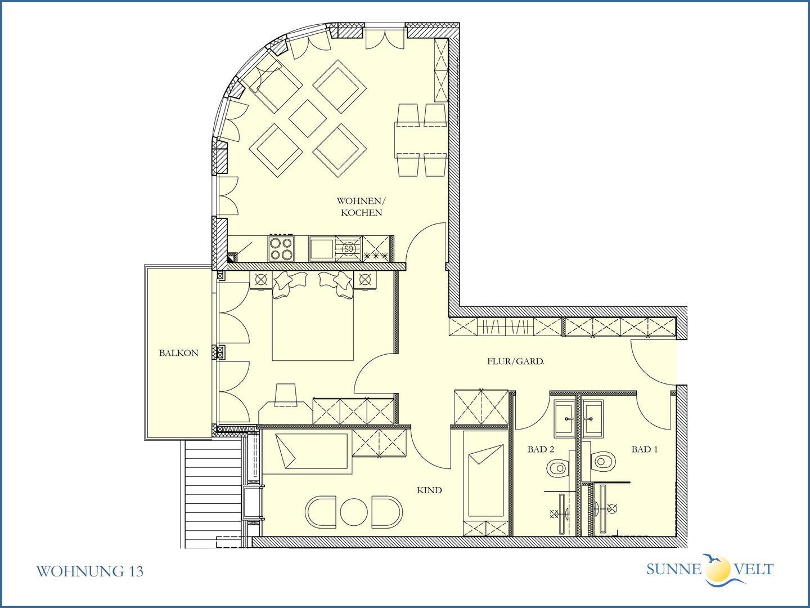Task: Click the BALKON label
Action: point(179,353)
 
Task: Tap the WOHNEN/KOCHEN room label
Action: point(361,207)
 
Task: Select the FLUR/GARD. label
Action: point(515,361)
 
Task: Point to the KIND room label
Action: point(429,490)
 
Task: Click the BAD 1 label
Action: point(644,449)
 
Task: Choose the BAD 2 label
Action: point(541,449)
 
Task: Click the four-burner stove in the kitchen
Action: point(282,248)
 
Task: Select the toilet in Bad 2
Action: point(558,468)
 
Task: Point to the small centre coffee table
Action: point(308,118)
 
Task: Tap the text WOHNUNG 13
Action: point(89,571)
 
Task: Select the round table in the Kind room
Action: point(354,512)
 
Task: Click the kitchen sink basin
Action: point(321,249)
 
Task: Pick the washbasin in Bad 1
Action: point(593,419)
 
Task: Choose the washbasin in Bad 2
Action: point(565,419)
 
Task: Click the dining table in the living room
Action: point(421,140)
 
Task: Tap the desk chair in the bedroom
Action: point(286,395)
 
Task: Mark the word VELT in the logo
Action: point(754,569)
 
